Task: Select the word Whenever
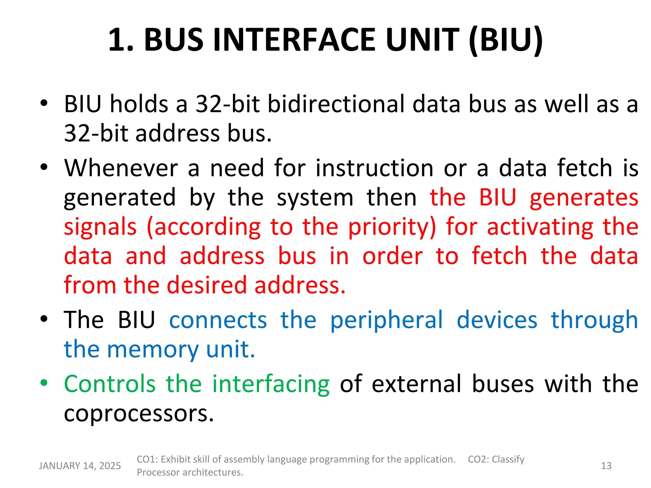point(121,168)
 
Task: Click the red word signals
point(100,227)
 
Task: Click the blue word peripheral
point(386,320)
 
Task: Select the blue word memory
point(153,349)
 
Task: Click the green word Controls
point(110,384)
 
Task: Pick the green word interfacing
point(271,384)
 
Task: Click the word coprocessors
point(139,413)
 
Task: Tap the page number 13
point(606,466)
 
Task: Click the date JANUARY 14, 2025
point(80,466)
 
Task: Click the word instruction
point(374,168)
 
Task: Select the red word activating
point(540,227)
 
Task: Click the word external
point(416,384)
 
